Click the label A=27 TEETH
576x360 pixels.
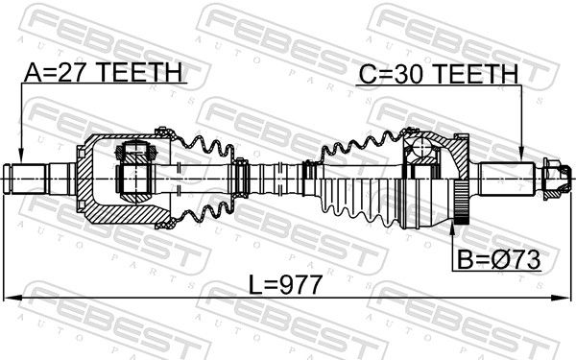(x=103, y=72)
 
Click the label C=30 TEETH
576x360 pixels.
(x=439, y=74)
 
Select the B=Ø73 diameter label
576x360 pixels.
(x=498, y=260)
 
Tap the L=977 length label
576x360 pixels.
(x=285, y=285)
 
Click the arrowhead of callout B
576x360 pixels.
(x=452, y=228)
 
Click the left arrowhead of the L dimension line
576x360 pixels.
(x=11, y=298)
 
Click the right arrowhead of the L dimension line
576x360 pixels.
(x=564, y=298)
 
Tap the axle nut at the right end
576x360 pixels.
(x=556, y=179)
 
